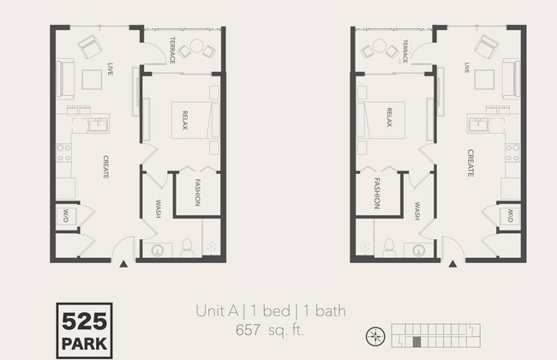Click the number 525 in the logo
click(x=83, y=322)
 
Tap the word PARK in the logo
click(x=83, y=345)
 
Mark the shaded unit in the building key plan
click(x=416, y=342)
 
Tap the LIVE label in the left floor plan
click(x=111, y=69)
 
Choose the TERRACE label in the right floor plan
click(x=404, y=51)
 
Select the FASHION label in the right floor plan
click(x=376, y=194)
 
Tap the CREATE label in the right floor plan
click(x=470, y=163)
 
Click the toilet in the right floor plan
click(x=388, y=248)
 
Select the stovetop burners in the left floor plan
click(x=63, y=153)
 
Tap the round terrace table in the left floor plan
click(x=195, y=46)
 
